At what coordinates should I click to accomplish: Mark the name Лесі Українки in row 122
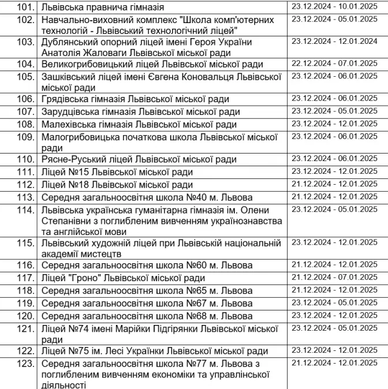tap(144, 351)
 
